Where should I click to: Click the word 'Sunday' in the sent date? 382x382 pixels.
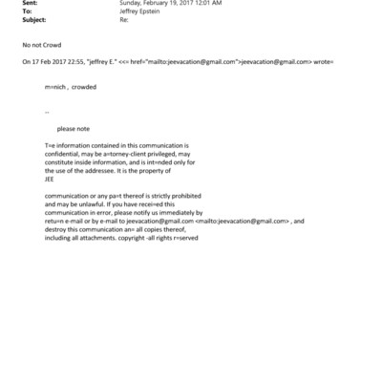pyautogui.click(x=131, y=4)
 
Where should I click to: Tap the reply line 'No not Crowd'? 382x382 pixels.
pyautogui.click(x=39, y=45)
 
